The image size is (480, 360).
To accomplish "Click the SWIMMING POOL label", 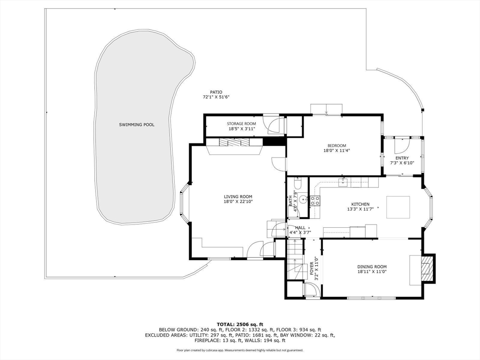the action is click(x=136, y=125).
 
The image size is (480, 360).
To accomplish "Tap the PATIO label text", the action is click(x=216, y=92).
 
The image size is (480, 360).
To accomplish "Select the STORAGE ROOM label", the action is click(x=241, y=124).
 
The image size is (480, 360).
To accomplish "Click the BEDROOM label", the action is click(x=337, y=146).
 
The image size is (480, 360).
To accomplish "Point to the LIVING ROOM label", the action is click(x=238, y=197).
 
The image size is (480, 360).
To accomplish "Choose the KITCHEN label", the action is click(x=360, y=204).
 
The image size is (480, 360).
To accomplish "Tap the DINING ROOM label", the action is click(x=372, y=267).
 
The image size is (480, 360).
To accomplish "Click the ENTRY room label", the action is click(x=402, y=158).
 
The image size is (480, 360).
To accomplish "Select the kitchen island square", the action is click(x=398, y=207).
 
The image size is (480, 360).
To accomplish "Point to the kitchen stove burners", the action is click(x=315, y=201).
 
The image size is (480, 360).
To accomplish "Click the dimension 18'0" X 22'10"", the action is click(x=238, y=202).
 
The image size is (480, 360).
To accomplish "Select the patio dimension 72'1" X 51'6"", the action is click(x=216, y=97).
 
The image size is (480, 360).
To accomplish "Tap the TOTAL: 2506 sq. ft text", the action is click(x=240, y=324).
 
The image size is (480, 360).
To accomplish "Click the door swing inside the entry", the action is click(x=402, y=146).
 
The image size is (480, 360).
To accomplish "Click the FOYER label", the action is click(x=312, y=268).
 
